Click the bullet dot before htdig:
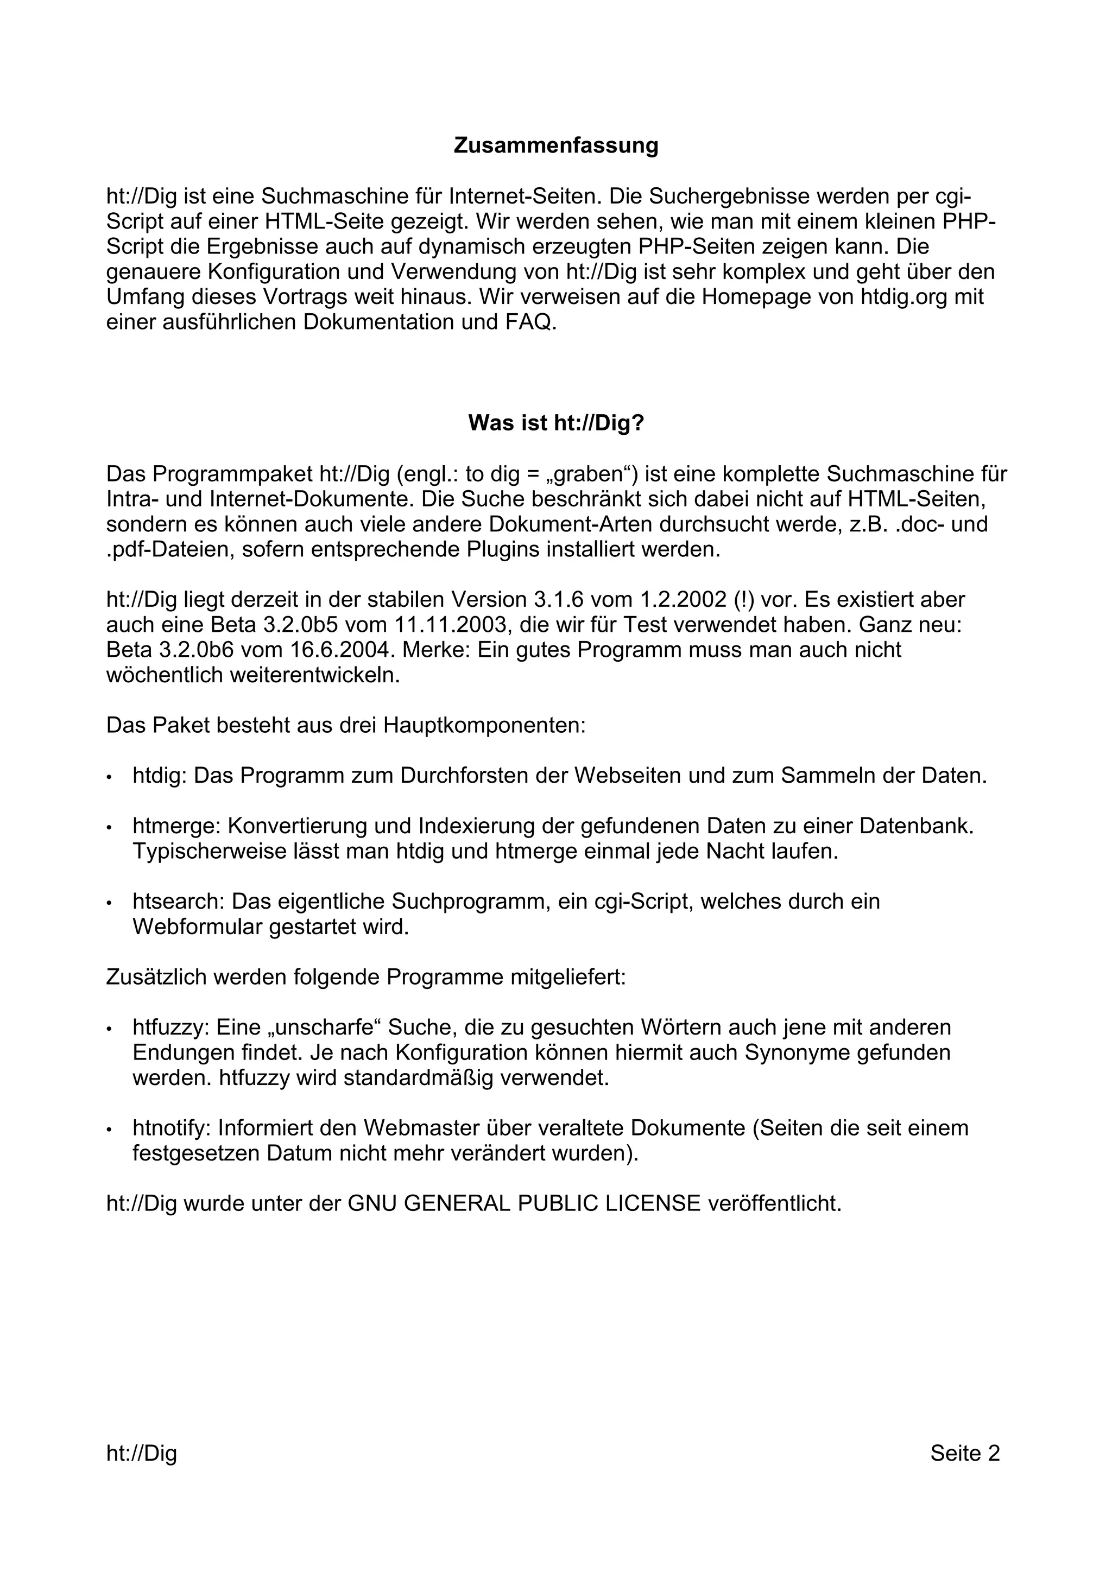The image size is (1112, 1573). (x=110, y=778)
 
